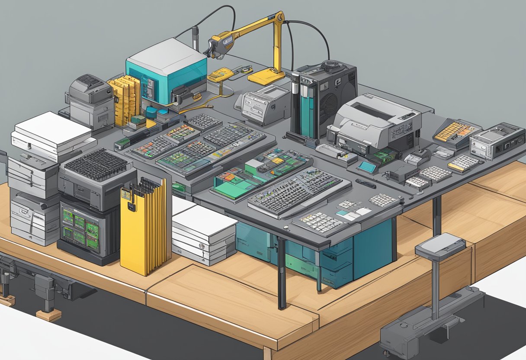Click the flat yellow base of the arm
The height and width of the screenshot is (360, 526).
(x=266, y=77)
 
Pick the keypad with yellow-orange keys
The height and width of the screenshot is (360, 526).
(x=455, y=131)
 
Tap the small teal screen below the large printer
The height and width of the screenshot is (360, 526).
(x=367, y=167)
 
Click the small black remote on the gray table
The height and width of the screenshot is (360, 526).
(x=366, y=183)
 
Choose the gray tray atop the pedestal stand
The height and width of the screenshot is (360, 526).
(x=440, y=246)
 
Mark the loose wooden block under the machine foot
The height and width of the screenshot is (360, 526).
(x=48, y=315)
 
